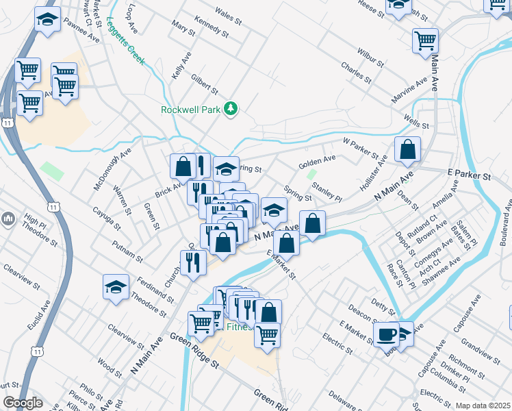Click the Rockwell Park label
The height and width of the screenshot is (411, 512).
[192, 110]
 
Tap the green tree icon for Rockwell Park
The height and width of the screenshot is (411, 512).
[232, 108]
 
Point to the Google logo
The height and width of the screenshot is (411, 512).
[23, 403]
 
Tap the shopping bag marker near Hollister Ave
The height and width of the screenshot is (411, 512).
[407, 151]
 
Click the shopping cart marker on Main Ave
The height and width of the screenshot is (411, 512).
[425, 40]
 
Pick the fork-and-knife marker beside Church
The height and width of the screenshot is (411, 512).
[194, 263]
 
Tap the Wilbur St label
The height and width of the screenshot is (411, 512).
[370, 57]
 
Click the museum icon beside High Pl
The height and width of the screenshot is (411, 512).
[8, 219]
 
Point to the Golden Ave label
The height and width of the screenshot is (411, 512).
[317, 162]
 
